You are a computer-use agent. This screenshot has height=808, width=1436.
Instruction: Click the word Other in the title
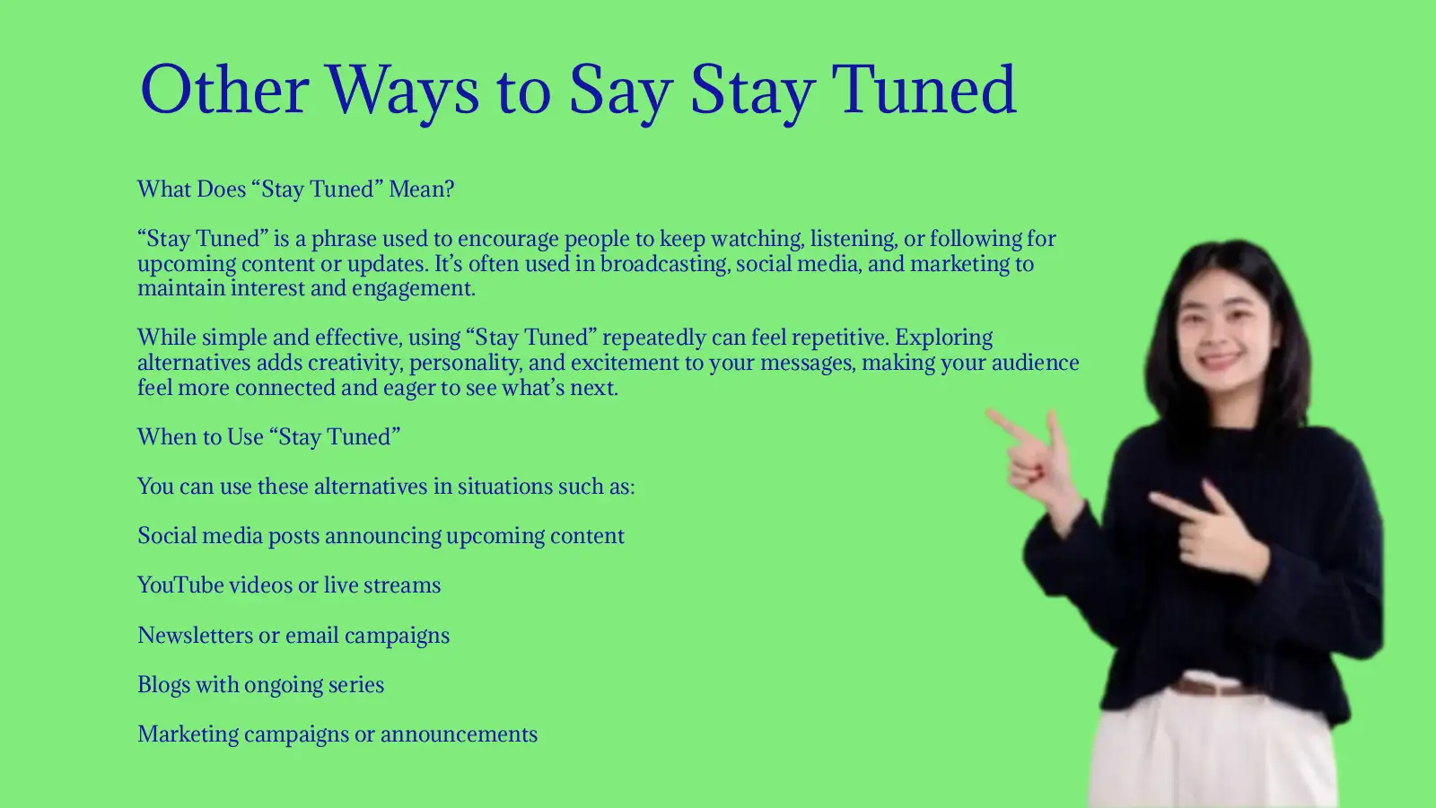tap(224, 90)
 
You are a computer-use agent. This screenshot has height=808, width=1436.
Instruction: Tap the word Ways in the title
tap(402, 90)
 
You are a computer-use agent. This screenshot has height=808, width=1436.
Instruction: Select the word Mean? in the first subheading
tap(421, 189)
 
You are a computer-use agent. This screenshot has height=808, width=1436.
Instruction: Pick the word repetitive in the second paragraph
tap(839, 338)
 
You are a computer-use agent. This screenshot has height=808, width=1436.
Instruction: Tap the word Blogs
tap(163, 685)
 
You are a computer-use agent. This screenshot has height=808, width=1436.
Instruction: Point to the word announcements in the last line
tap(459, 734)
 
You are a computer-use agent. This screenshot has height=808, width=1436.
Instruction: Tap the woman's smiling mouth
tap(1219, 361)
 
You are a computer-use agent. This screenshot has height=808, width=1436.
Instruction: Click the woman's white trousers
tap(1212, 754)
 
